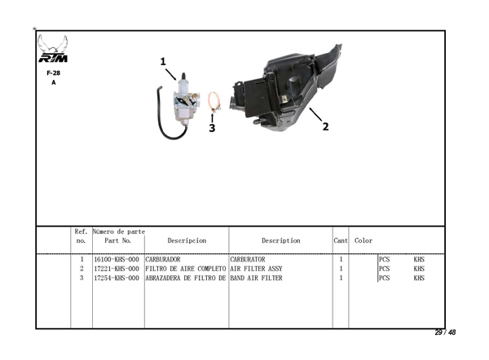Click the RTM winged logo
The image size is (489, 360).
tap(53, 49)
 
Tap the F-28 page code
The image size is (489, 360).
tap(53, 73)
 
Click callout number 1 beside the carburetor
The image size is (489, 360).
tap(163, 62)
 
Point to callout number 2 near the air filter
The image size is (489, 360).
tap(325, 126)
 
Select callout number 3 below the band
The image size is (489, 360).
tap(212, 128)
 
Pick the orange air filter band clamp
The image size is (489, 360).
tap(214, 102)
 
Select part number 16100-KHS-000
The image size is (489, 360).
tap(117, 259)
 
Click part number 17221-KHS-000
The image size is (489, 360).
tap(117, 269)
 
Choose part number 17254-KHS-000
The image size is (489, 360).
tap(117, 278)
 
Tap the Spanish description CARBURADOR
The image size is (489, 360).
tap(163, 259)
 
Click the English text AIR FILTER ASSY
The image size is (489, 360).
tap(256, 269)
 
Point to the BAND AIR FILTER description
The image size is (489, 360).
tap(256, 278)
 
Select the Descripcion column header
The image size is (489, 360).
tap(187, 240)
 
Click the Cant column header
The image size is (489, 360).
tap(341, 240)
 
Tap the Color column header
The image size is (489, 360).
tap(363, 240)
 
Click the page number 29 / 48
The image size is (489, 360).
tap(445, 332)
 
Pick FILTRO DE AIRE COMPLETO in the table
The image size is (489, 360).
tap(186, 269)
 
